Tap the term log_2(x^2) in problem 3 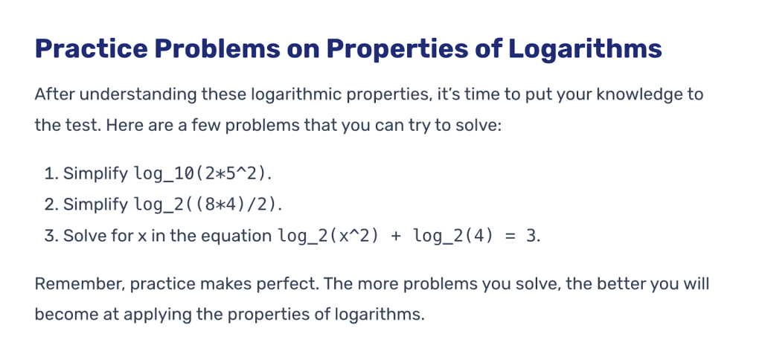[328, 236]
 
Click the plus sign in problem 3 [396, 236]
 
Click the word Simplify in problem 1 [96, 174]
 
